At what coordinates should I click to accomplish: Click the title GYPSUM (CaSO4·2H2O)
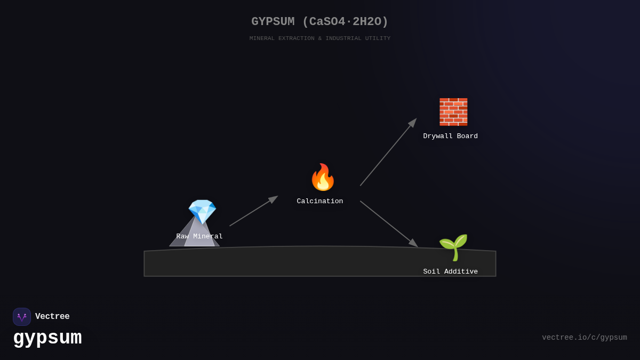point(320,22)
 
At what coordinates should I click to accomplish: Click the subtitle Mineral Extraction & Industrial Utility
point(320,38)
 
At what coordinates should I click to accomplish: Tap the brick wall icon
point(453,111)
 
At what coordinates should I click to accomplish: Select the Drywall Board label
point(450,136)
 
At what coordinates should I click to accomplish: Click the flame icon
point(323,177)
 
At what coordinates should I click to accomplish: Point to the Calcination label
point(320,201)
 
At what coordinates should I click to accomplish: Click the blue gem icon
point(202,211)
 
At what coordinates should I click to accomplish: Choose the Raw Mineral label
point(199,236)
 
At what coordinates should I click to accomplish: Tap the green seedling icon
point(453,247)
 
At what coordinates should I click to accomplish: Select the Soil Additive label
point(450,271)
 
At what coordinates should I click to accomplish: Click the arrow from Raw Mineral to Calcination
point(253,211)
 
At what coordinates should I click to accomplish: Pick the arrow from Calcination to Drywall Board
point(388,153)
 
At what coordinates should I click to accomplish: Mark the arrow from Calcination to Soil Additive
point(388,223)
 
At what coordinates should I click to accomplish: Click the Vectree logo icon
point(22,317)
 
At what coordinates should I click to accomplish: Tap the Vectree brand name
point(52,317)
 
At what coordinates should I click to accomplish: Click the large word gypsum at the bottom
point(47,338)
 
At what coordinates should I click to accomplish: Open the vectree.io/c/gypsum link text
point(584,338)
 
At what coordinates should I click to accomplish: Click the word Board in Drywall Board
point(466,136)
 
